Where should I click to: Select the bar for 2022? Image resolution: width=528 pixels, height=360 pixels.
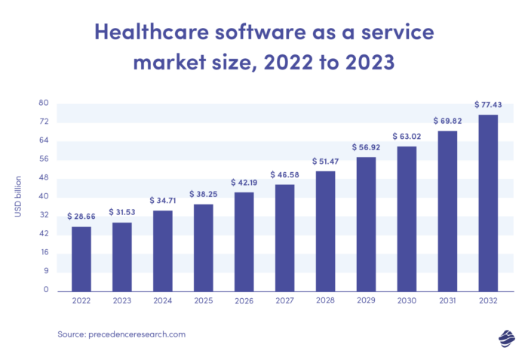(81, 258)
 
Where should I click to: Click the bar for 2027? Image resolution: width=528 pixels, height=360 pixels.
(285, 237)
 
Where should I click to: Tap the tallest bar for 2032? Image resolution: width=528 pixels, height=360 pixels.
(488, 202)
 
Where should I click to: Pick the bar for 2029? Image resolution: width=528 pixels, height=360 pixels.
(366, 223)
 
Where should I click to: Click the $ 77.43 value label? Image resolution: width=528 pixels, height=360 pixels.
(488, 103)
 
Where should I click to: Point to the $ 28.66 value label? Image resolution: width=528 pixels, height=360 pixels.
(81, 216)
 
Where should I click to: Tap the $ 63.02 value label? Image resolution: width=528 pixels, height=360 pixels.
(407, 136)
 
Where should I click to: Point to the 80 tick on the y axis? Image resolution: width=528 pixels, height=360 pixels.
(44, 103)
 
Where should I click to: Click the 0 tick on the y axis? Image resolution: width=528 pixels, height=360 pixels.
(45, 289)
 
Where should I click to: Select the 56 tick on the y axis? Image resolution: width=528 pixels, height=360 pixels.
(44, 158)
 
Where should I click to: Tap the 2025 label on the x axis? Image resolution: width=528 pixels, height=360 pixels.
(204, 302)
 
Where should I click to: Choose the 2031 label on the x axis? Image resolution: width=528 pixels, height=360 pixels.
(447, 302)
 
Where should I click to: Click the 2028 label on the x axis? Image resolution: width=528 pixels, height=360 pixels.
(325, 302)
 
